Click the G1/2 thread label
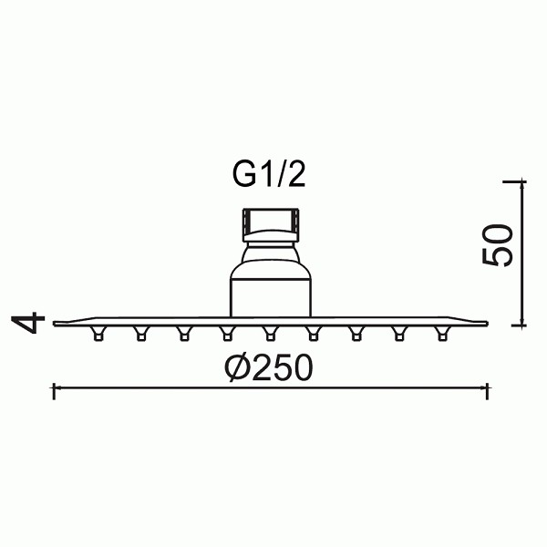coord(269,175)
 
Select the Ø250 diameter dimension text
coord(268,367)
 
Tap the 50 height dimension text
coord(498,245)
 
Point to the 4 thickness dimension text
coord(28,323)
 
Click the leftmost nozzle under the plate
coord(98,333)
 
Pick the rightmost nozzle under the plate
coord(442,333)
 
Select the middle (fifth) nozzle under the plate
coord(271,333)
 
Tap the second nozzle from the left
coord(141,333)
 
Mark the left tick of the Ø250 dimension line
coord(54,391)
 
